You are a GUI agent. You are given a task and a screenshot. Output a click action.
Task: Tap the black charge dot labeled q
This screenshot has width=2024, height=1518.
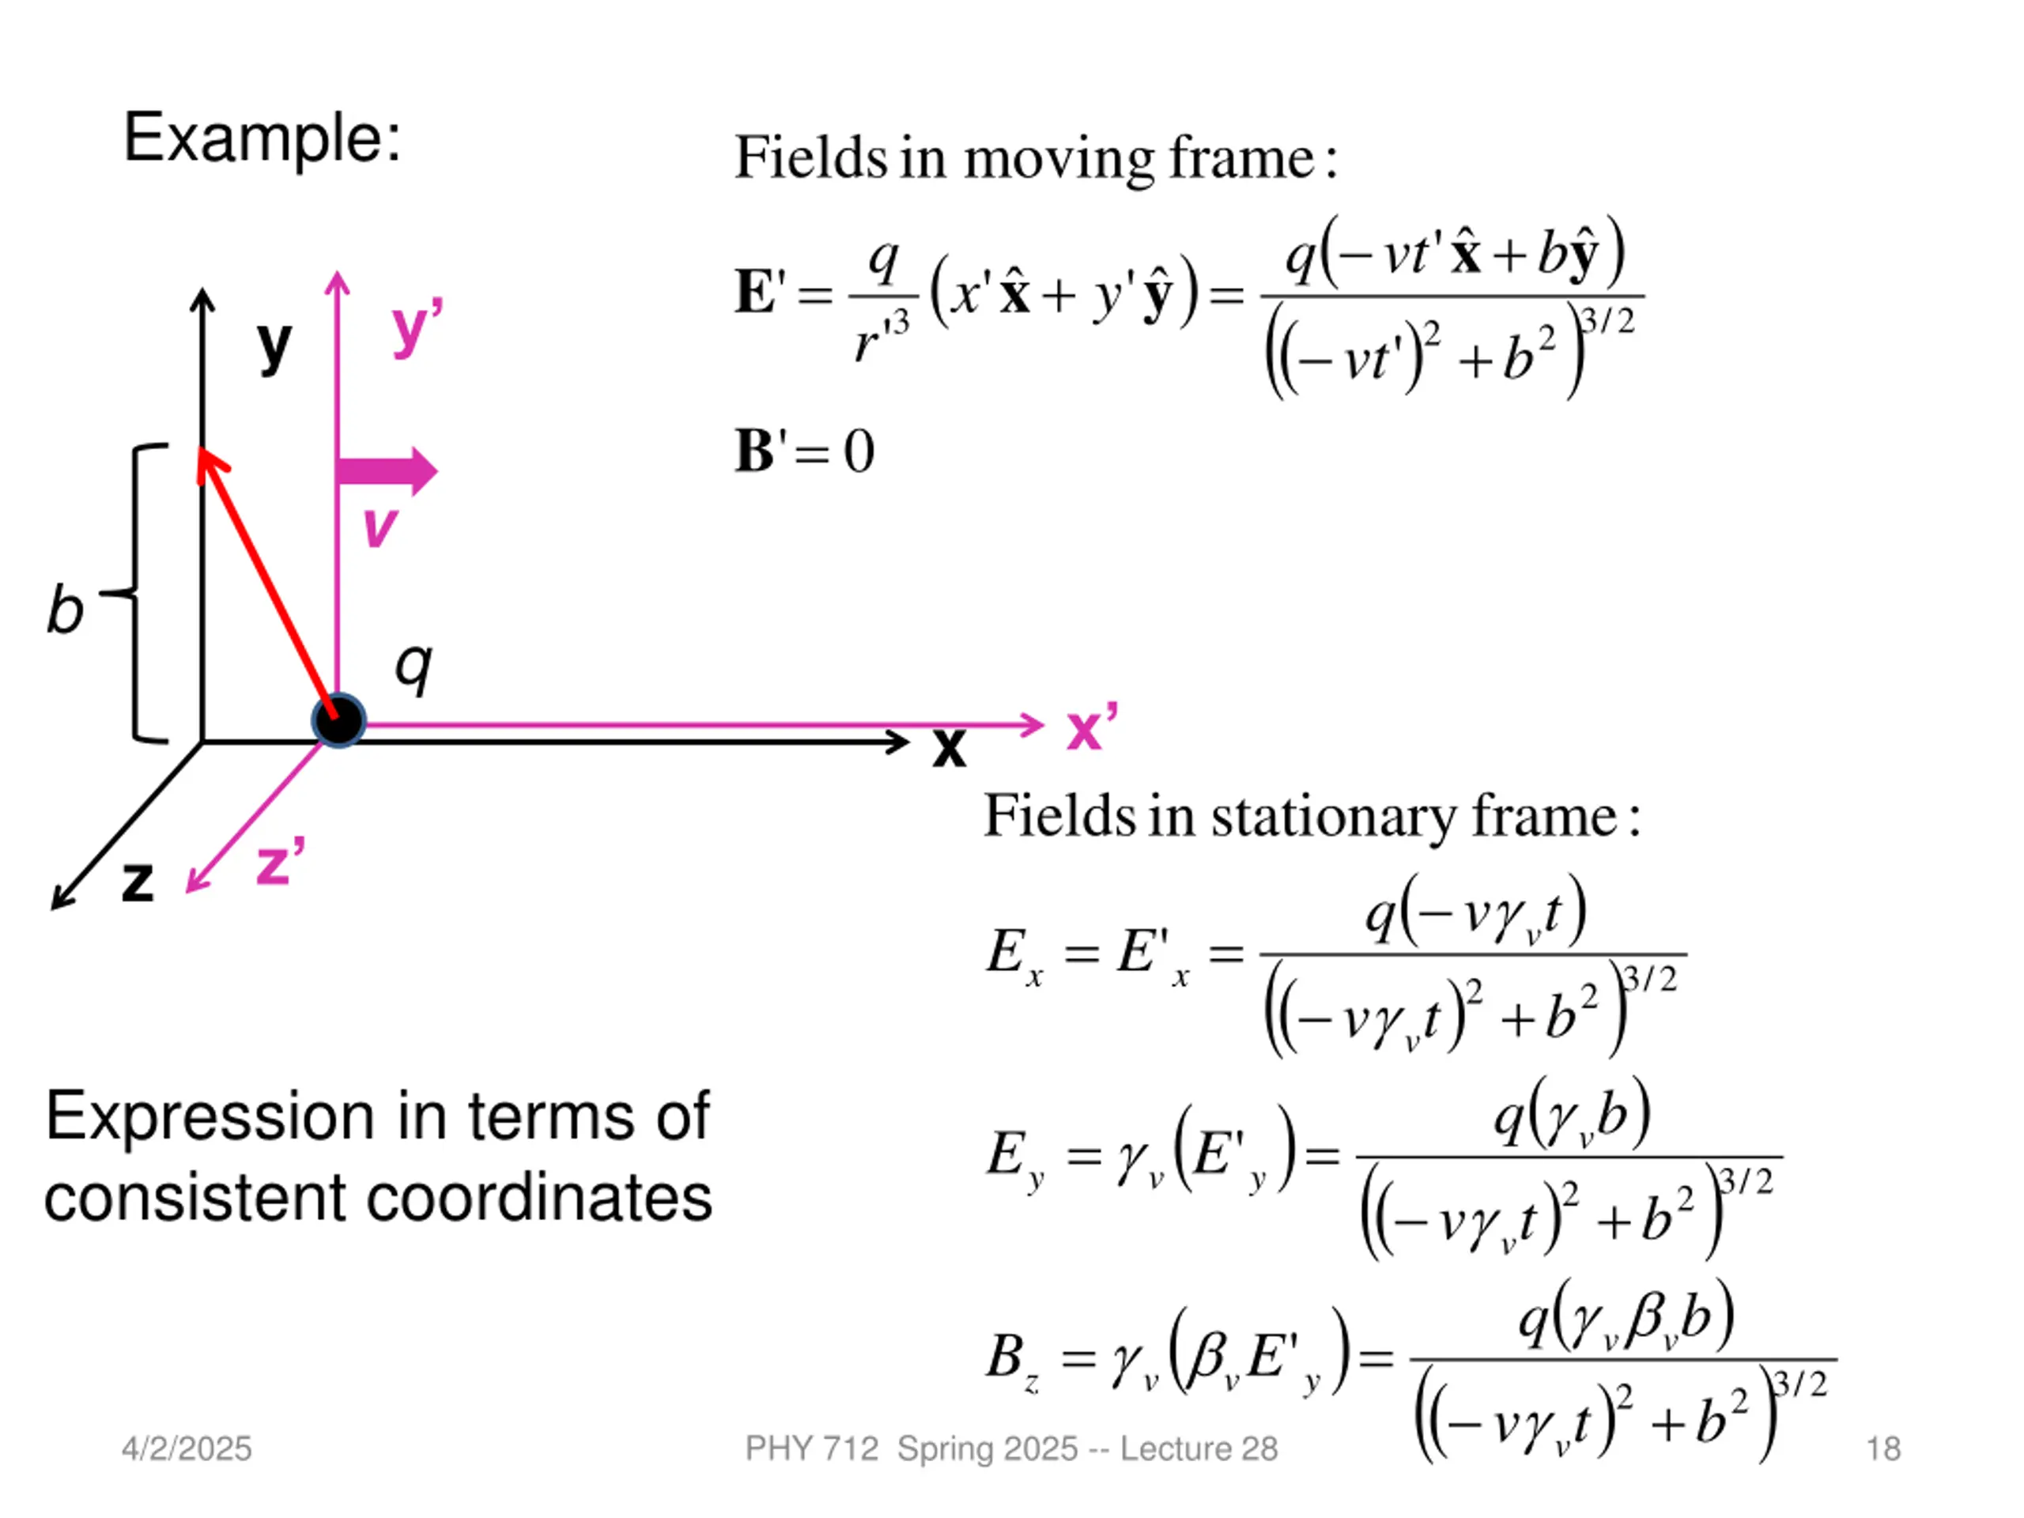coord(338,720)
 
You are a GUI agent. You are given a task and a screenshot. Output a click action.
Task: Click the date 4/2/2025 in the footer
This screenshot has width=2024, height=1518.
coord(187,1448)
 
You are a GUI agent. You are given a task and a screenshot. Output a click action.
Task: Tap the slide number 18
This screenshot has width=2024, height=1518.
coord(1883,1448)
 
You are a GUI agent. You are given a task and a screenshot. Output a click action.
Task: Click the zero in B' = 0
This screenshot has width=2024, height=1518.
coord(859,451)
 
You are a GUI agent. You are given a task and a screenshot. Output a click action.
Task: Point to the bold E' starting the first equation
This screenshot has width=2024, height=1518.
coord(760,292)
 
